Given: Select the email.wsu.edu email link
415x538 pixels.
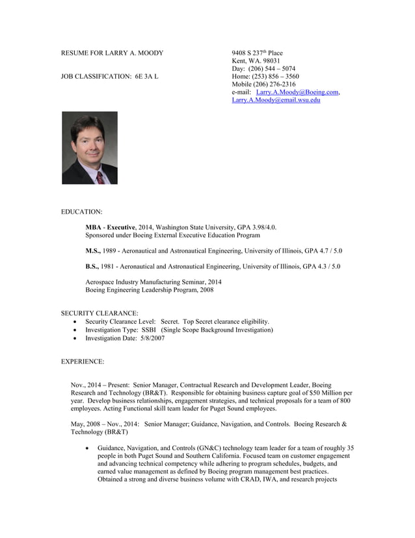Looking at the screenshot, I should point(276,100).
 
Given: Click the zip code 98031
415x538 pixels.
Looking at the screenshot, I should point(269,61).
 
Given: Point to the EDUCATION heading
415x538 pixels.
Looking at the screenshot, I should point(81,212).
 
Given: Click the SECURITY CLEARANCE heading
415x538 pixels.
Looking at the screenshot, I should point(100,313).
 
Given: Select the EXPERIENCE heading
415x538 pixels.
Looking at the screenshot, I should point(83,361).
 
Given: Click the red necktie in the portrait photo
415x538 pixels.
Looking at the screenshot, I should point(100,177).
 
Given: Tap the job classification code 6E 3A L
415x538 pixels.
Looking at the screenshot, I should point(146,76).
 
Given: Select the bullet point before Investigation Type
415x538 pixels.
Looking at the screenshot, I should point(79,330).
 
